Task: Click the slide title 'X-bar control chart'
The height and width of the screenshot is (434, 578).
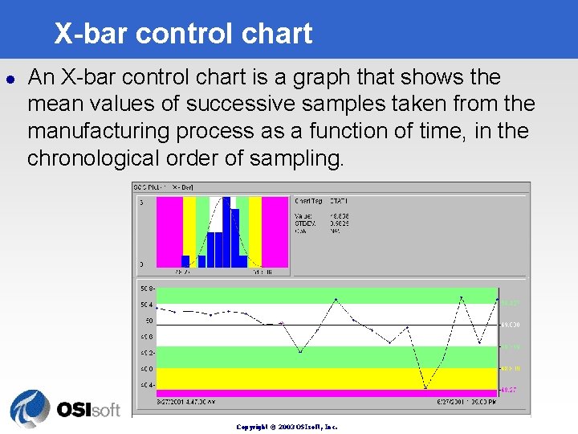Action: point(183,34)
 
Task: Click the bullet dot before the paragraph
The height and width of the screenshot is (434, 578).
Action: point(10,79)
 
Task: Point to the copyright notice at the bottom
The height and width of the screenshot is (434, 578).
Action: point(287,427)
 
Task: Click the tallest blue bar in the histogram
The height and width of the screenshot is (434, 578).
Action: point(226,231)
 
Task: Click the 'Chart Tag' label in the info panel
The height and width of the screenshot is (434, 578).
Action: point(310,201)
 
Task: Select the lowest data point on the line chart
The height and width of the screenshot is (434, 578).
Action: point(425,389)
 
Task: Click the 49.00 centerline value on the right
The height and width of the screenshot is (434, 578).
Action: point(511,325)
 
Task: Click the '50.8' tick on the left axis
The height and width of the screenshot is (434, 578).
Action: point(146,288)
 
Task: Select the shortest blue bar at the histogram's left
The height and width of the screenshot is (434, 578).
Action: point(185,261)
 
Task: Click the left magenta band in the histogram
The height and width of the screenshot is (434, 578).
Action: point(169,231)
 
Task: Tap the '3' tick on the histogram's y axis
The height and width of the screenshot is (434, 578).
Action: point(141,203)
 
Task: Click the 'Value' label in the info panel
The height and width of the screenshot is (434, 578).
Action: point(303,216)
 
